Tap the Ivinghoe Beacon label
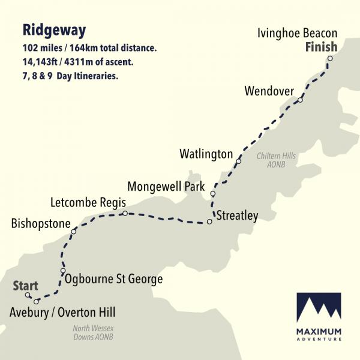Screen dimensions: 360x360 coord(296,33)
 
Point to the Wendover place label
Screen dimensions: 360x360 coord(269,91)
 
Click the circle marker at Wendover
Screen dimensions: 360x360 coord(300,100)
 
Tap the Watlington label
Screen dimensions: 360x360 coord(206,154)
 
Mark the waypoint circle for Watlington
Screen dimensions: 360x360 coord(239,161)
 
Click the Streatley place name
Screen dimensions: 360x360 coord(237,215)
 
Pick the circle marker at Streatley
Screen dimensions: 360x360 coord(209,222)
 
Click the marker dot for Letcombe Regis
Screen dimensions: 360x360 coord(124,213)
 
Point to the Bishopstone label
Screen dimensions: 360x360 coord(41,224)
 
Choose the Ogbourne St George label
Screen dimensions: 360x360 coord(113,279)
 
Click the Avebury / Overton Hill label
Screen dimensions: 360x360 coord(62,312)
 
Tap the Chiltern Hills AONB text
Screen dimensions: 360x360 coord(276,160)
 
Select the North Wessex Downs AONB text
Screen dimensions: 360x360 coord(93,332)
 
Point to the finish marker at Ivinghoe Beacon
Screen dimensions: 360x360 coord(329,58)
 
